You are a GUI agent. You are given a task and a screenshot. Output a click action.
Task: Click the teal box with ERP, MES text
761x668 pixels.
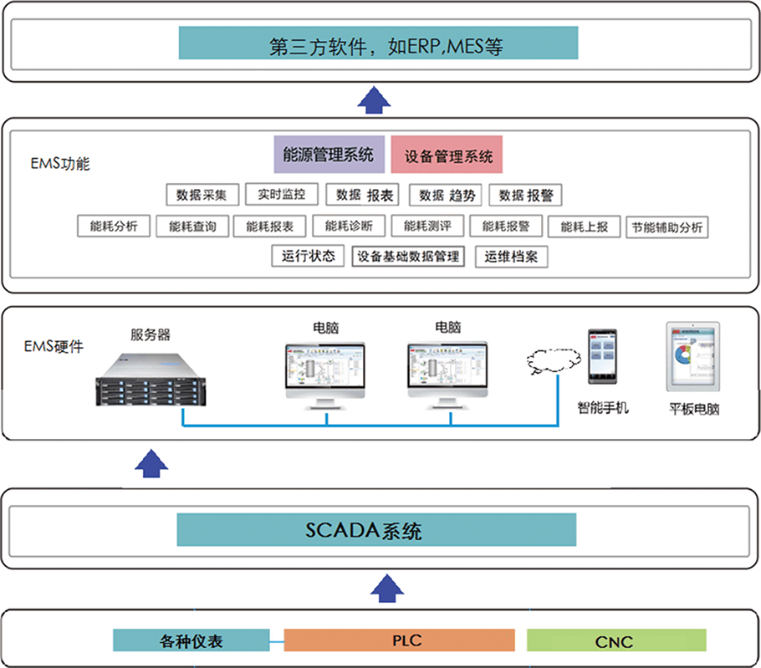point(378,43)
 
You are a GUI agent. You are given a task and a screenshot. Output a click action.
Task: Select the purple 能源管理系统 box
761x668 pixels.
point(329,155)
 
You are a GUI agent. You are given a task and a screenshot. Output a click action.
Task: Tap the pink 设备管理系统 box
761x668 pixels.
point(447,156)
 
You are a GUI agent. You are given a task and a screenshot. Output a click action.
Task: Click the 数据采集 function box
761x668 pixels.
point(202,195)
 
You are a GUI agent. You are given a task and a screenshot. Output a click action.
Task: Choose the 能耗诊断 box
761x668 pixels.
point(349,226)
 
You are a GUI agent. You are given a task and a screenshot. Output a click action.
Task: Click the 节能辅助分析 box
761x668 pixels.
point(667,227)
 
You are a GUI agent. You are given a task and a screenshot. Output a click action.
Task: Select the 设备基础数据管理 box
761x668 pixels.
point(408,256)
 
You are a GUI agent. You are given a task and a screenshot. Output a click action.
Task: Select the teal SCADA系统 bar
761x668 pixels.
point(376,530)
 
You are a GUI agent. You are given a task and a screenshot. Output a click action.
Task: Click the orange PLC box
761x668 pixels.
point(399,641)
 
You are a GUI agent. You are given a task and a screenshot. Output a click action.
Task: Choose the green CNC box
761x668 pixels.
point(615,641)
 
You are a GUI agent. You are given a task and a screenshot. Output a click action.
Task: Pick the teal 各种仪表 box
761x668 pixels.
point(192,641)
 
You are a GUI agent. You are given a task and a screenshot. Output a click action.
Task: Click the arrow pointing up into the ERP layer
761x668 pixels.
point(374,98)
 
